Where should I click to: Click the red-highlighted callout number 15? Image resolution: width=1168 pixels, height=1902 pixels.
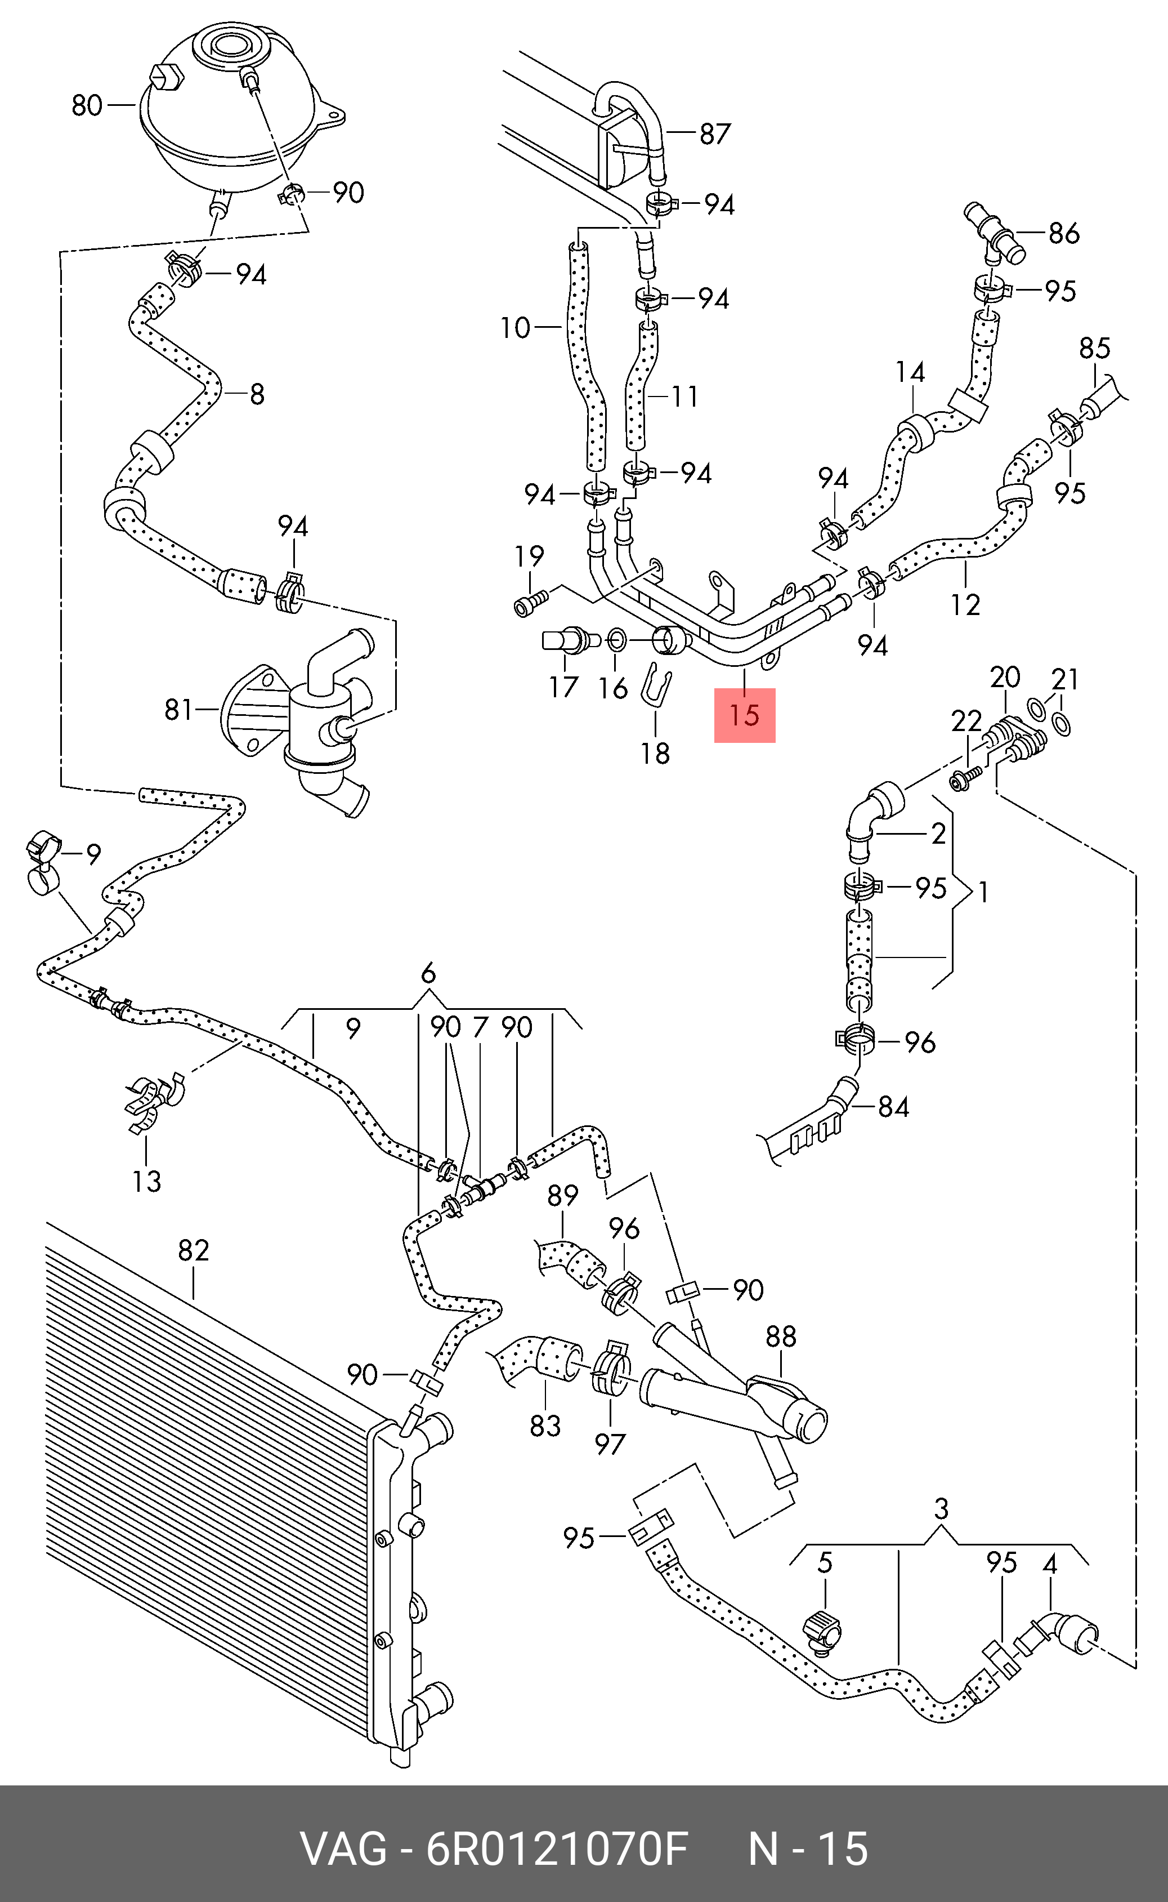pyautogui.click(x=744, y=715)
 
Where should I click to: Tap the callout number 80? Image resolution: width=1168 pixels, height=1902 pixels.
pyautogui.click(x=87, y=105)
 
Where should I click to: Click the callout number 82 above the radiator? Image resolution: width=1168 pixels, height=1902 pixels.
pyautogui.click(x=193, y=1250)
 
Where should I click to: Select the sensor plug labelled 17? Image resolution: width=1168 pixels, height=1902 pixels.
pyautogui.click(x=571, y=640)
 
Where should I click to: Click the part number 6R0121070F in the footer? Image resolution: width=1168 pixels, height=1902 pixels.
pyautogui.click(x=556, y=1848)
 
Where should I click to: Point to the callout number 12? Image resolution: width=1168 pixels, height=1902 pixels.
pyautogui.click(x=965, y=604)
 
